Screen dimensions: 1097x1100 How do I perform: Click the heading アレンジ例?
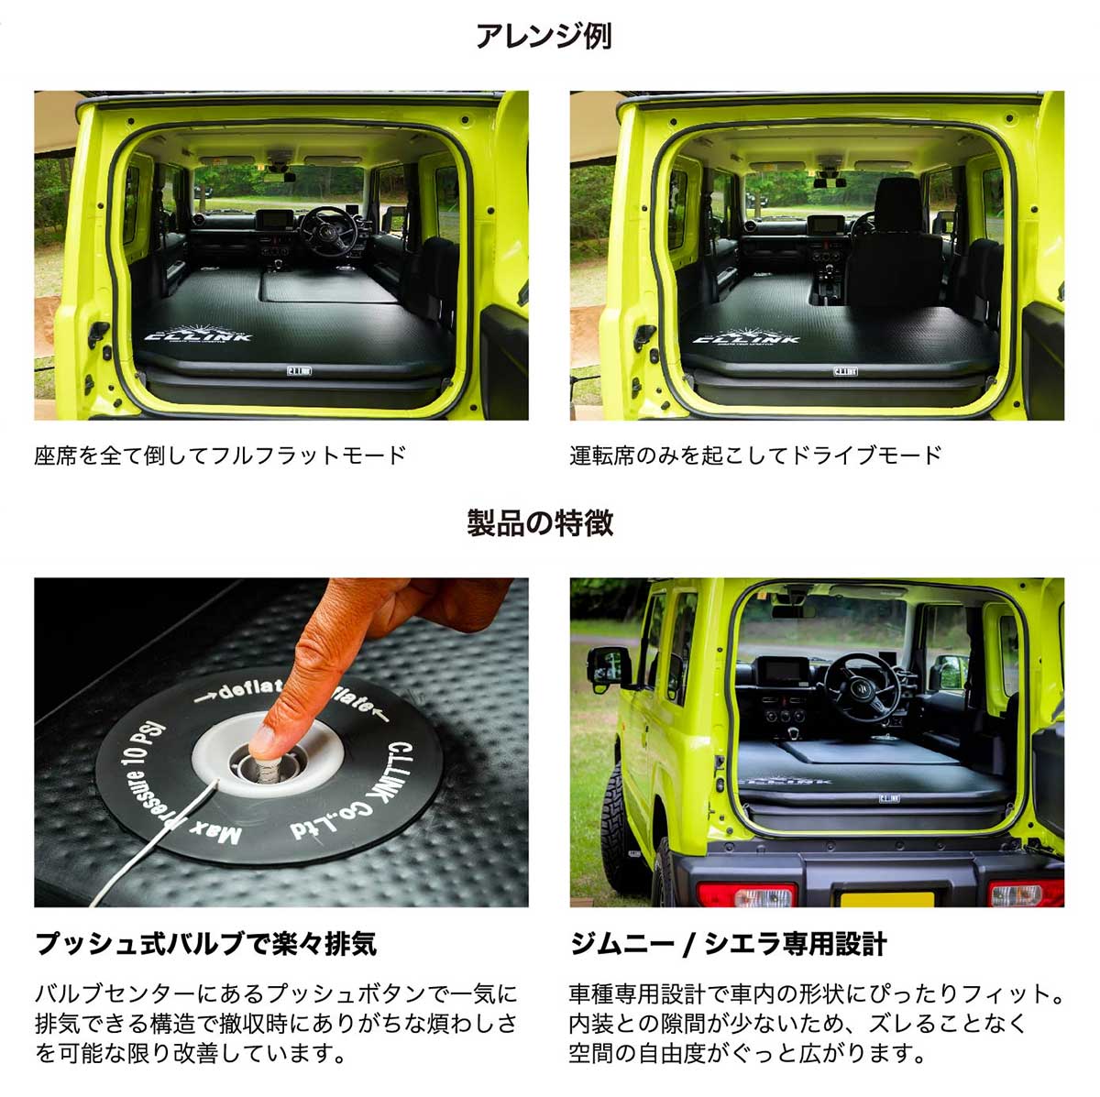(543, 37)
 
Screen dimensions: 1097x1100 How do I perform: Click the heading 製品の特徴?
(540, 523)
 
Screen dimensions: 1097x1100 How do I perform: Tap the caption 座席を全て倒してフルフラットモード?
(220, 455)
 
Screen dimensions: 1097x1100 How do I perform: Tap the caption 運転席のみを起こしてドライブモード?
(755, 455)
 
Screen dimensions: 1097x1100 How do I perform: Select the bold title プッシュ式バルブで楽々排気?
(205, 943)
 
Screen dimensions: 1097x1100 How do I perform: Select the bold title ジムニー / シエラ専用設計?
(728, 943)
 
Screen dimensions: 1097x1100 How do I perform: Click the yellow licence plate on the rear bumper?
(888, 897)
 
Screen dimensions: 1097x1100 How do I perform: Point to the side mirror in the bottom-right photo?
(608, 668)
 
